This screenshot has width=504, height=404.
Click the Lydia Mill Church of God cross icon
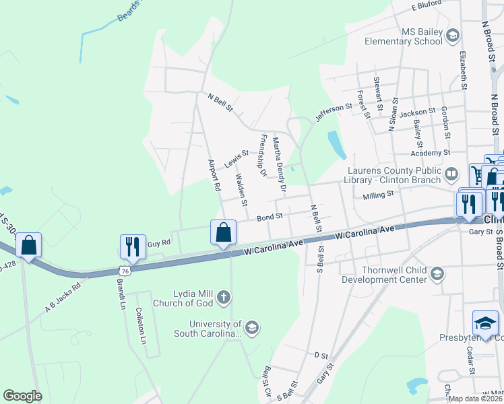224,296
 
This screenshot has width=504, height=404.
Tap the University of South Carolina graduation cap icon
252,327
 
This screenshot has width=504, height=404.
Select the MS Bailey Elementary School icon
453,36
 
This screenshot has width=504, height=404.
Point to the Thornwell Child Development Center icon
437,273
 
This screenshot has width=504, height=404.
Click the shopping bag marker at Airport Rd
224,233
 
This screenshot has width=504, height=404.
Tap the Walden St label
241,190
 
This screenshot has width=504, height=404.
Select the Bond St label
269,217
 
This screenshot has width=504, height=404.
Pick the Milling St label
378,195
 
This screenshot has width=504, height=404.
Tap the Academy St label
434,153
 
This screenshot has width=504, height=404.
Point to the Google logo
22,397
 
